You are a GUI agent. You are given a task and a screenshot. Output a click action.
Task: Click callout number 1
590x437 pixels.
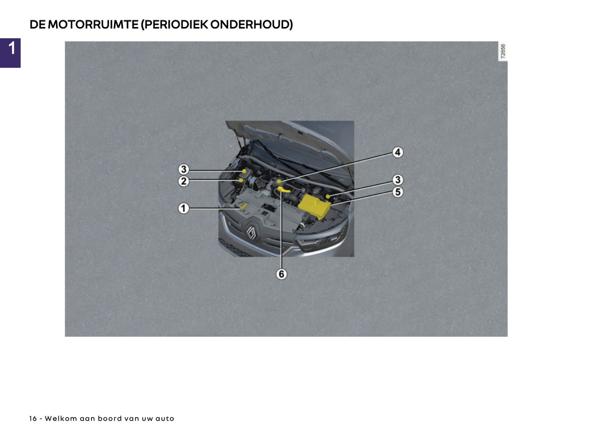tap(184, 208)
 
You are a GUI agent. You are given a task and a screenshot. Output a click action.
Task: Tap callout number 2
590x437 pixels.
tap(184, 181)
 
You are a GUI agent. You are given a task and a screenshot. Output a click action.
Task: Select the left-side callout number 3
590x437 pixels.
tap(184, 169)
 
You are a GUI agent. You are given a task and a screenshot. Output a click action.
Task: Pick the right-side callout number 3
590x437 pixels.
tap(398, 180)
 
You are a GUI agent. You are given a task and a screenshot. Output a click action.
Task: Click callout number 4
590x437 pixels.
tap(398, 152)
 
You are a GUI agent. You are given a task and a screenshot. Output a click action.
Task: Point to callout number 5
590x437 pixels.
tap(398, 192)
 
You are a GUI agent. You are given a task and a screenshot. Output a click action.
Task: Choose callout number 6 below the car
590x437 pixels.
tap(281, 274)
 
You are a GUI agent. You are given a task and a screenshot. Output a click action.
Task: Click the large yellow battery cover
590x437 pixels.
tap(314, 206)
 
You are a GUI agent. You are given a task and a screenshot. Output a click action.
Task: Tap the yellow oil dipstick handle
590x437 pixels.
tap(283, 189)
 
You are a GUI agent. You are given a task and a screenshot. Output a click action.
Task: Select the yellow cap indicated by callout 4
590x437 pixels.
tap(279, 181)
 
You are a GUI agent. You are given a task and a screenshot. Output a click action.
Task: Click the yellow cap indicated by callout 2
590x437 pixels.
tap(241, 180)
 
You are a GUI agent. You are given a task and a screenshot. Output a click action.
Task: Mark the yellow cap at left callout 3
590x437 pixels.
tap(244, 171)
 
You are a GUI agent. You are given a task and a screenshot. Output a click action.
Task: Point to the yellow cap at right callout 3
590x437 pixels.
tap(328, 196)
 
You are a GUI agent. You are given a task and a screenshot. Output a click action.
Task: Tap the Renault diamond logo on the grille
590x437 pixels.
tap(251, 233)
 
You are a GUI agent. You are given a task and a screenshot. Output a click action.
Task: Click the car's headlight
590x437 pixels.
tap(323, 241)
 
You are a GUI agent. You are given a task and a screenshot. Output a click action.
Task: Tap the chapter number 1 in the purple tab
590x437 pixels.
tap(12, 48)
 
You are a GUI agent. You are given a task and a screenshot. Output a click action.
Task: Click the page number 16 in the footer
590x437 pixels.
tap(33, 419)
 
